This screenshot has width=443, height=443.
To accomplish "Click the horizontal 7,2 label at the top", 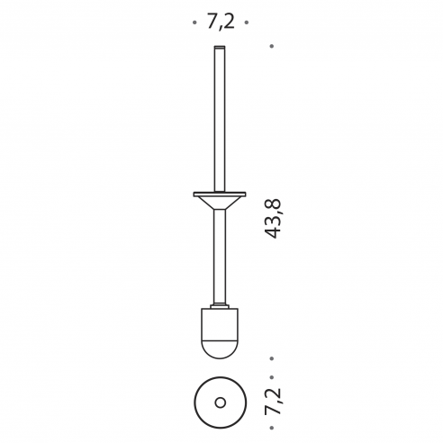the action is click(x=221, y=22).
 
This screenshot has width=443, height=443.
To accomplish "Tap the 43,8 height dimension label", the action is click(x=273, y=219).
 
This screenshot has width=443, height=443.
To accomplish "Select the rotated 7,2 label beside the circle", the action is click(x=273, y=402).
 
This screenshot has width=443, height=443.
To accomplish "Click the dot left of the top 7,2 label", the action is click(x=194, y=23).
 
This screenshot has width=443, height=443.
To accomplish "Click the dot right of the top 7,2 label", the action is click(x=247, y=23).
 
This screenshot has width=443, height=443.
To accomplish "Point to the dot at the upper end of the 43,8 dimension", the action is click(x=272, y=46).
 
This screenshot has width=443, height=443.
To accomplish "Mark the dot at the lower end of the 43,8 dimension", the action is click(x=272, y=358).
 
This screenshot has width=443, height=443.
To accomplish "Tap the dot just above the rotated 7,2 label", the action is click(x=272, y=377).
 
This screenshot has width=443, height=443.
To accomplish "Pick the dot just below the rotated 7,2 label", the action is click(x=272, y=428).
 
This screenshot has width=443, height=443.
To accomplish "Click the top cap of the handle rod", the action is click(x=220, y=47).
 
